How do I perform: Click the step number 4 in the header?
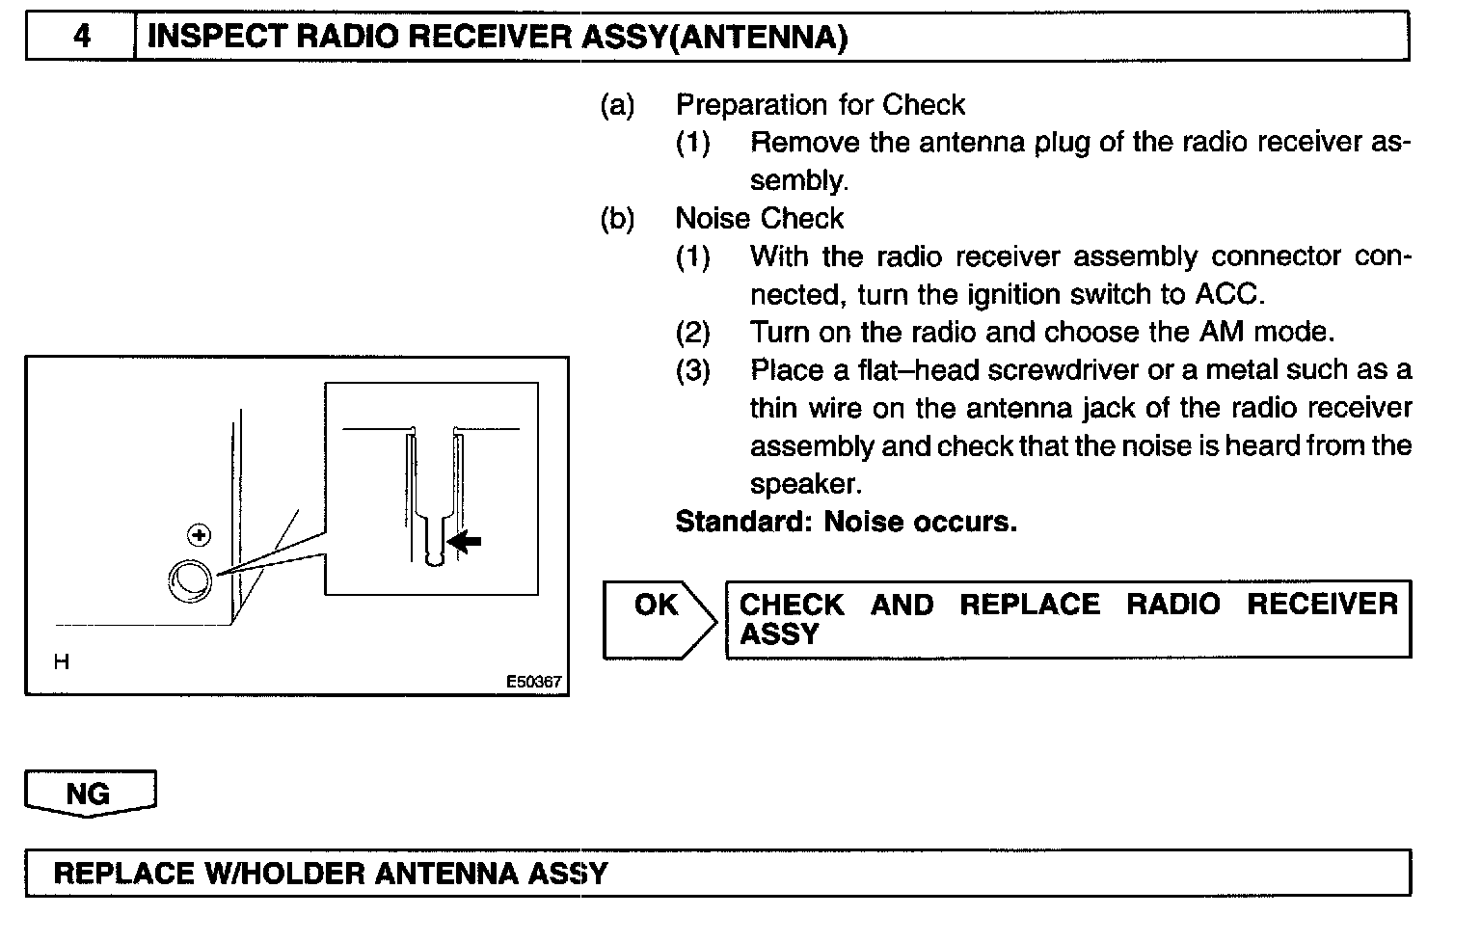tap(82, 37)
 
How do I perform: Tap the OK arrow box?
tap(659, 619)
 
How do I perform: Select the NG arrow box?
tap(90, 794)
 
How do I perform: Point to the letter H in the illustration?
tap(62, 662)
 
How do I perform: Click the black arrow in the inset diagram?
tap(465, 542)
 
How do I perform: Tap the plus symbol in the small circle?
tap(199, 534)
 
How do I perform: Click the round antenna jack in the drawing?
tap(189, 579)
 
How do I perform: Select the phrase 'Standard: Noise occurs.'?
tap(846, 523)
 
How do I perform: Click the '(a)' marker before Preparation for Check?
tap(617, 104)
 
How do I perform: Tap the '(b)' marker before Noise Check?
tap(617, 219)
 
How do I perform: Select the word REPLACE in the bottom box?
tap(123, 874)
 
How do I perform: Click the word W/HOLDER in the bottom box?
tap(283, 874)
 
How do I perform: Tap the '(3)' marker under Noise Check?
tap(692, 370)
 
